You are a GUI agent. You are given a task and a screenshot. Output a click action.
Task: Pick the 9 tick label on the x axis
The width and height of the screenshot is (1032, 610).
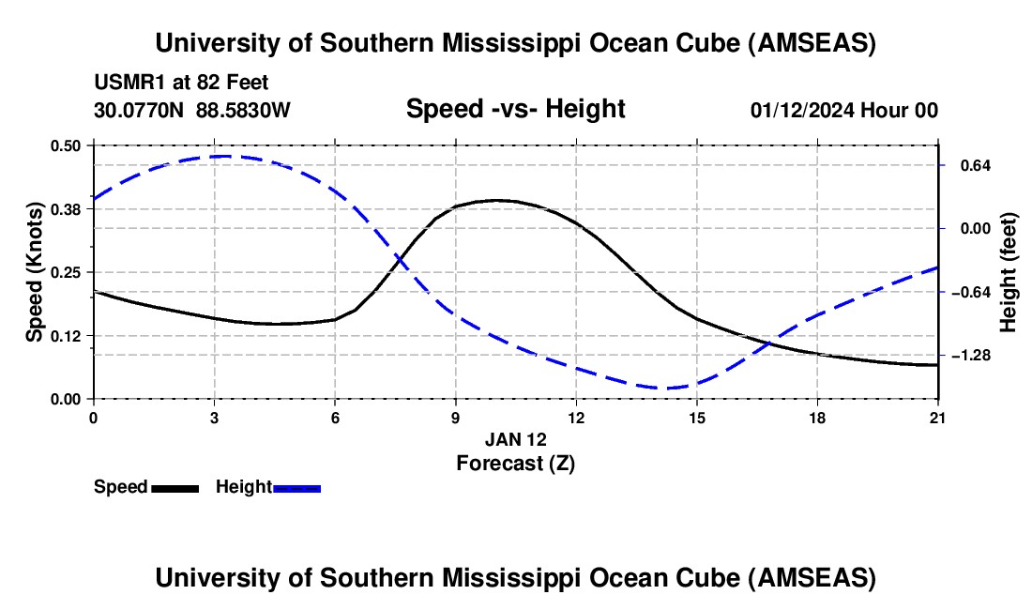pyautogui.click(x=455, y=417)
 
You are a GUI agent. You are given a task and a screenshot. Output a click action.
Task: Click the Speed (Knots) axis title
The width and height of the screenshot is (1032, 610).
pyautogui.click(x=35, y=272)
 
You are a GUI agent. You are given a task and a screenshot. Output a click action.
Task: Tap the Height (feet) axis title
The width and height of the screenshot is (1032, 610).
pyautogui.click(x=1009, y=272)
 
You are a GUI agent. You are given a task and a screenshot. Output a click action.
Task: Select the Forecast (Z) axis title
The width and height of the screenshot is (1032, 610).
pyautogui.click(x=515, y=463)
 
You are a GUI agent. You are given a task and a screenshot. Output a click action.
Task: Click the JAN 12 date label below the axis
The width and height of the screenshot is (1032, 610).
pyautogui.click(x=515, y=439)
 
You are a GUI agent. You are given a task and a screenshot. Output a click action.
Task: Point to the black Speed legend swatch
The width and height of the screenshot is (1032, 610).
pyautogui.click(x=175, y=487)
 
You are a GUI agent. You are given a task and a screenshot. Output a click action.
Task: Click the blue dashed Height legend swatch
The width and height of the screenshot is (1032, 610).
pyautogui.click(x=297, y=487)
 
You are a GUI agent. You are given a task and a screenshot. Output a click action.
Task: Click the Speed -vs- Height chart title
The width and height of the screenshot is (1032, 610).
pyautogui.click(x=515, y=109)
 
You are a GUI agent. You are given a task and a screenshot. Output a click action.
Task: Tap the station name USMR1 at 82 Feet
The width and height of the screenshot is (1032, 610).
pyautogui.click(x=182, y=83)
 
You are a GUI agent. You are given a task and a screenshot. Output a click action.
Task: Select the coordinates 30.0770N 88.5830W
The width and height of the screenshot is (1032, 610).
pyautogui.click(x=192, y=110)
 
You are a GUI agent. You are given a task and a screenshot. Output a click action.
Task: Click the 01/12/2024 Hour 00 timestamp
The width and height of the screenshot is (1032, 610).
pyautogui.click(x=843, y=110)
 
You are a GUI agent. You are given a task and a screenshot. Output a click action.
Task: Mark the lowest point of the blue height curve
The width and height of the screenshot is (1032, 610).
pyautogui.click(x=668, y=388)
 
